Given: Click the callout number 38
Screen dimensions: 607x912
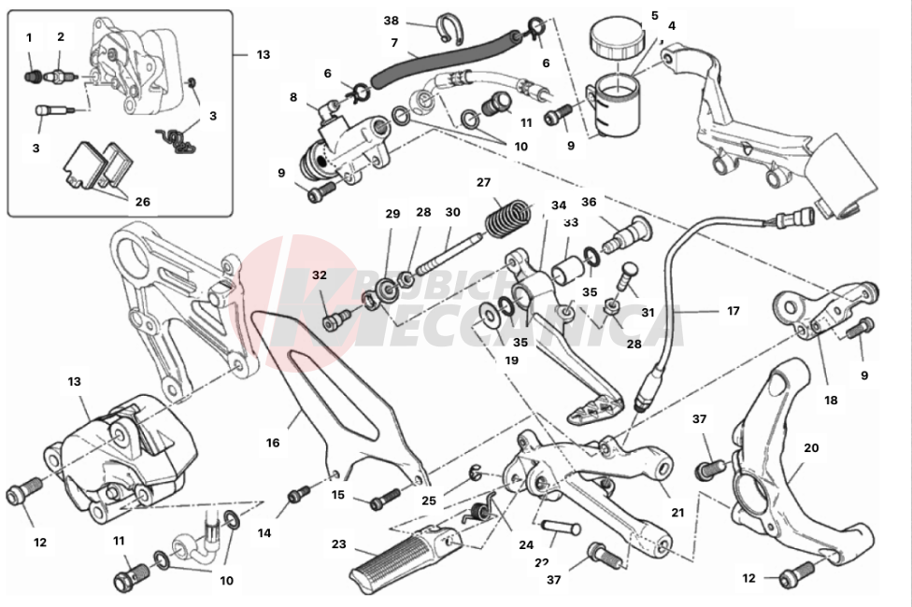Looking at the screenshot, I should pyautogui.click(x=391, y=21).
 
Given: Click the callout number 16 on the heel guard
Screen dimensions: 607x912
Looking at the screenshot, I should pyautogui.click(x=273, y=443).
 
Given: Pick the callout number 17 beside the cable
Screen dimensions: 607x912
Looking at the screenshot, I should pyautogui.click(x=733, y=311).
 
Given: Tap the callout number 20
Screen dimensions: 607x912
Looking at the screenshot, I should pyautogui.click(x=811, y=448).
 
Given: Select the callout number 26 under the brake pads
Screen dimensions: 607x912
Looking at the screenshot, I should pyautogui.click(x=142, y=201).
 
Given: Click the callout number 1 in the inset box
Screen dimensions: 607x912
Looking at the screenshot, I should pyautogui.click(x=29, y=38).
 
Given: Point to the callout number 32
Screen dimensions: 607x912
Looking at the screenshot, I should pyautogui.click(x=320, y=275).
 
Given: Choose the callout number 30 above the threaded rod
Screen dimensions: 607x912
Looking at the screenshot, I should pyautogui.click(x=452, y=212).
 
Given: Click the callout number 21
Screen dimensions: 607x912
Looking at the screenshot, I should pyautogui.click(x=677, y=512).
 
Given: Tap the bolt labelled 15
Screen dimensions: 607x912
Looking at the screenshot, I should pyautogui.click(x=378, y=502).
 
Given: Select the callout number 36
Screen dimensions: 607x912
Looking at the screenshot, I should pyautogui.click(x=589, y=201).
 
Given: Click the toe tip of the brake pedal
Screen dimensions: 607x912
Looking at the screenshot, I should pyautogui.click(x=612, y=407).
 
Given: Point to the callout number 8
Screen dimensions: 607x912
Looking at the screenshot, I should pyautogui.click(x=293, y=96).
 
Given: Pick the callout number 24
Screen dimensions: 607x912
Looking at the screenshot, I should pyautogui.click(x=527, y=545).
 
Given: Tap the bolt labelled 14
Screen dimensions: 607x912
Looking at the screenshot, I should pyautogui.click(x=299, y=492).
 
